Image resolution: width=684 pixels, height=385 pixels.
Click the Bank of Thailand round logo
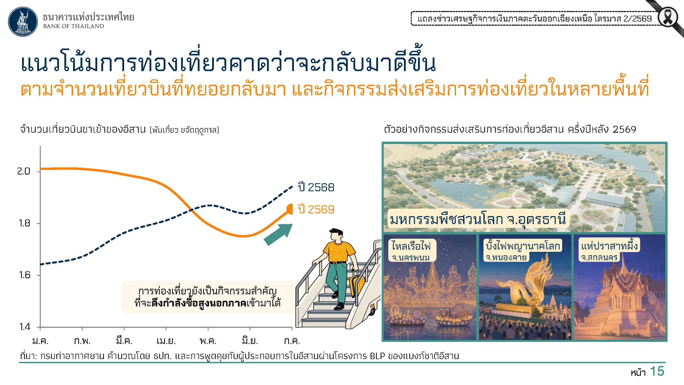coord(23,22)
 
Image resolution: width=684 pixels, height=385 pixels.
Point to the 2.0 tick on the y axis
coord(38,171)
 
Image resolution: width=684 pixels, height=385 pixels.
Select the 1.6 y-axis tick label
coord(25,275)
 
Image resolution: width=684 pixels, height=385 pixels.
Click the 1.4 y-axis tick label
coord(25,327)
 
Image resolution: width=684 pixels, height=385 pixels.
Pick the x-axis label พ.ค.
coord(208,341)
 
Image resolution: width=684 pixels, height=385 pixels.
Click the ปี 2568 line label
coord(316,187)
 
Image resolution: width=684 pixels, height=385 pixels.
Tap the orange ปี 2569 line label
coord(316,209)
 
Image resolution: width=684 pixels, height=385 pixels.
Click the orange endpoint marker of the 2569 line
coord(290,209)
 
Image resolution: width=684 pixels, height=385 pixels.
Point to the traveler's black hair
coord(337,232)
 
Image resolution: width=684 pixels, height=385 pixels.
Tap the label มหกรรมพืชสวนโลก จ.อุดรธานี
coord(478,219)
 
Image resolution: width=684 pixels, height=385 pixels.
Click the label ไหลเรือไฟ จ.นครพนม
coord(411,251)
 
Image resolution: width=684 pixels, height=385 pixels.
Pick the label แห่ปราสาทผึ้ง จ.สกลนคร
coord(609,250)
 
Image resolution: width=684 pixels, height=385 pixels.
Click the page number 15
coord(657,371)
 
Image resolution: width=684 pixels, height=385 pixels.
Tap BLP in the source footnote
coord(377,356)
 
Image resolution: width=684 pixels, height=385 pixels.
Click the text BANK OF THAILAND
coord(74,26)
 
